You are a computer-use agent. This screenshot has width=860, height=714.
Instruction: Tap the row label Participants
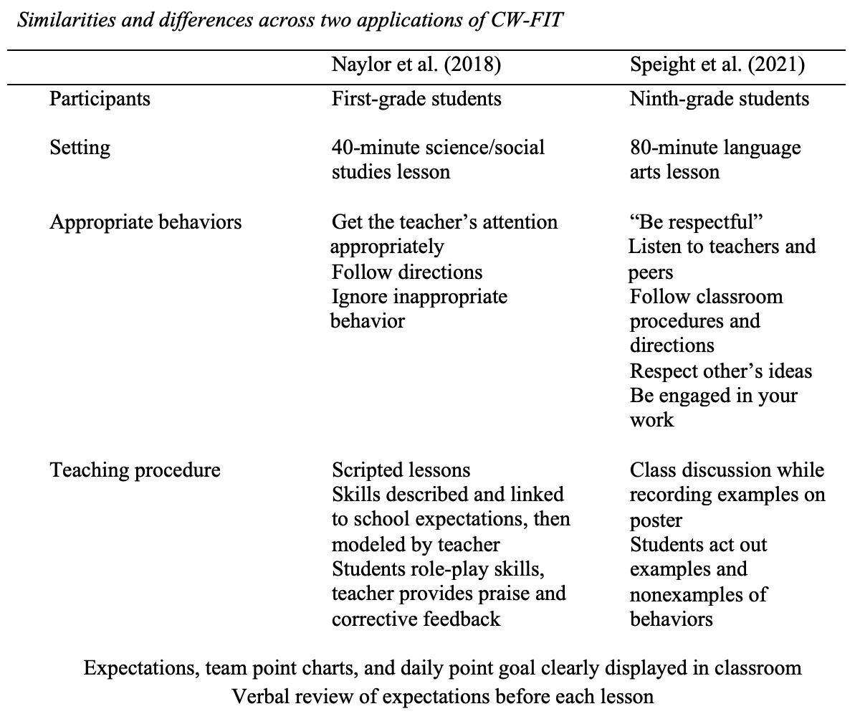pyautogui.click(x=100, y=98)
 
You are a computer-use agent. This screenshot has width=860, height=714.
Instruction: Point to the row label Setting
pyautogui.click(x=80, y=148)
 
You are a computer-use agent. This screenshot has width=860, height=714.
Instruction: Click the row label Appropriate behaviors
pyautogui.click(x=145, y=222)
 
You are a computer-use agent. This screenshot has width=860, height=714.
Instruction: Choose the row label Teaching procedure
pyautogui.click(x=135, y=470)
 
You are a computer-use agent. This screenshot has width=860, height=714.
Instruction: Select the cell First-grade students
pyautogui.click(x=416, y=98)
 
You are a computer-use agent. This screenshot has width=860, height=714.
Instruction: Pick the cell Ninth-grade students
pyautogui.click(x=720, y=98)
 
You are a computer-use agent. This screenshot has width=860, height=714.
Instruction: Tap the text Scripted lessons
pyautogui.click(x=401, y=470)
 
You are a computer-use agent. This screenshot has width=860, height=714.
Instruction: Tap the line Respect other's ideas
pyautogui.click(x=721, y=371)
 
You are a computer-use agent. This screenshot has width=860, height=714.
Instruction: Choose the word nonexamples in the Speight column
pyautogui.click(x=687, y=594)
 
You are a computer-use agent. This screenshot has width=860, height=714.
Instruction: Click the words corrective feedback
pyautogui.click(x=416, y=618)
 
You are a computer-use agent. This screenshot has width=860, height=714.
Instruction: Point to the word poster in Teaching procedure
pyautogui.click(x=656, y=520)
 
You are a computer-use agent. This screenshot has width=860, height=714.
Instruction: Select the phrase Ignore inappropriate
pyautogui.click(x=419, y=297)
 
